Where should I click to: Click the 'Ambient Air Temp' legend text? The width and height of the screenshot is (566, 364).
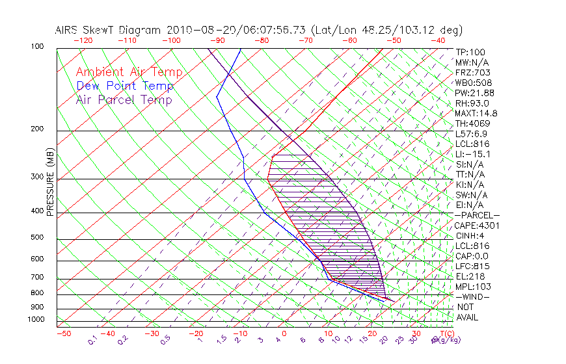click(129, 72)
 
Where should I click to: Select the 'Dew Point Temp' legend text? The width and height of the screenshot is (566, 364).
click(125, 86)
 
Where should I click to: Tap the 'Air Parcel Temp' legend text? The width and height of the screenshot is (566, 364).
click(124, 99)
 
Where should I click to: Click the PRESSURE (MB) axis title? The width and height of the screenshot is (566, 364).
click(50, 185)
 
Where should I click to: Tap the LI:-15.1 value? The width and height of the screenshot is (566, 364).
click(473, 154)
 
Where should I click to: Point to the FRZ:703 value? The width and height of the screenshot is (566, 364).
click(473, 72)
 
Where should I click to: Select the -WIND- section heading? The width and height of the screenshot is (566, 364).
click(473, 296)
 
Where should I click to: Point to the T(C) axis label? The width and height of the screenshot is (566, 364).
click(442, 333)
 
